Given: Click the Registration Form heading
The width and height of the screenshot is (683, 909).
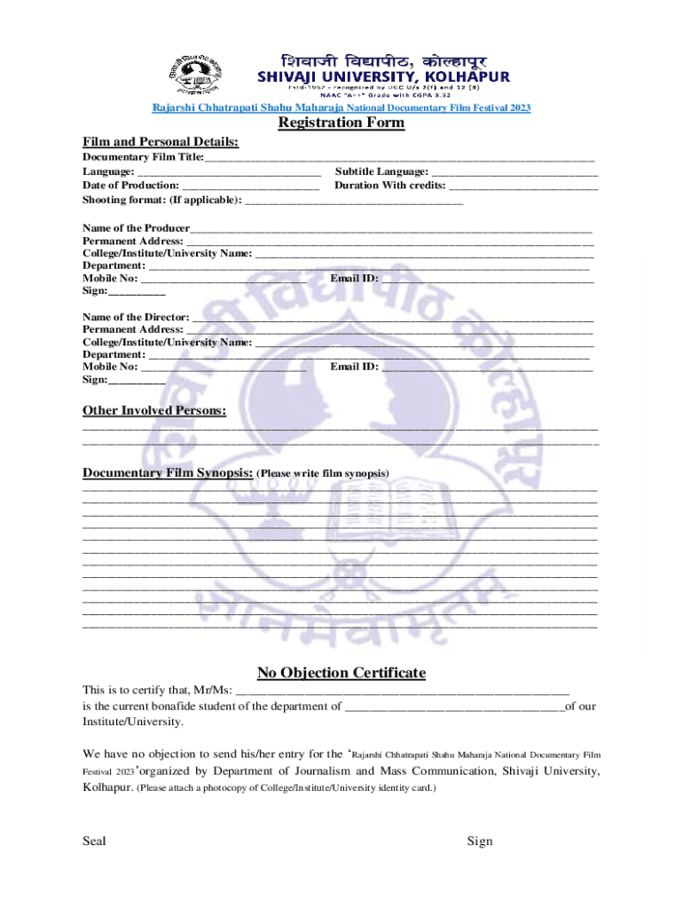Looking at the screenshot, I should (341, 123).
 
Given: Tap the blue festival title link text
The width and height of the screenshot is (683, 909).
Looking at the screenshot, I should (341, 107).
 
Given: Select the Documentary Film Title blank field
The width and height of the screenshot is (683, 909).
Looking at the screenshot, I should (399, 157).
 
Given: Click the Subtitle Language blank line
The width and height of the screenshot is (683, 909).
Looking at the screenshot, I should (514, 172).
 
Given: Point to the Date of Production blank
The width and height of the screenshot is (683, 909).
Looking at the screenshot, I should (250, 186).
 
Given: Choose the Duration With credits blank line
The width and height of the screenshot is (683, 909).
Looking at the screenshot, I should (523, 186).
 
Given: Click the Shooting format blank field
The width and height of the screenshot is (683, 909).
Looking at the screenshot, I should (354, 202).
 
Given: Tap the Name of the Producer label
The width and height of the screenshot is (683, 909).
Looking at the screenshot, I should (130, 228).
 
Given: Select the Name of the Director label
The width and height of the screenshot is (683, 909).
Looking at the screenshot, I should (136, 317).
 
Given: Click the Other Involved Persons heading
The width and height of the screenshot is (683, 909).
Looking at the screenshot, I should (154, 410).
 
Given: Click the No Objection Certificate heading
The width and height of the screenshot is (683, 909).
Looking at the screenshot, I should (341, 672).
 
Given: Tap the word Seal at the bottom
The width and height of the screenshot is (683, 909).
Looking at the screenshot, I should (94, 841).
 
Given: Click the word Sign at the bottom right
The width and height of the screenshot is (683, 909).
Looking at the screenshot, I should (480, 841).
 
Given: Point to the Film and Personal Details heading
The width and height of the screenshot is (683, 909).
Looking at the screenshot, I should (161, 141).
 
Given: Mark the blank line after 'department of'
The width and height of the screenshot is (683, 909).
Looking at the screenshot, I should (454, 707).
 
